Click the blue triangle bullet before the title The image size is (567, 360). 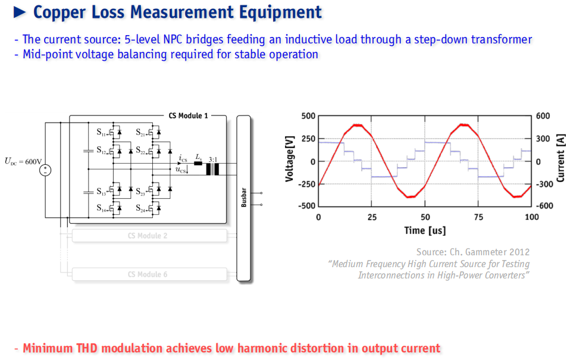20,12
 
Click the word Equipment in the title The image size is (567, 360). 280,12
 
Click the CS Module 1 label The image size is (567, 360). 189,116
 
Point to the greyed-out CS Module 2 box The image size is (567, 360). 149,236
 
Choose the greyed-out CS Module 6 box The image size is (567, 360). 149,274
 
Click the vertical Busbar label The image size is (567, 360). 244,197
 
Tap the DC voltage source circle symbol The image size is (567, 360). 45,170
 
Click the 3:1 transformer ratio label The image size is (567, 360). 213,159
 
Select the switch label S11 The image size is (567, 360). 101,132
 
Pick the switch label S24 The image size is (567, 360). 140,208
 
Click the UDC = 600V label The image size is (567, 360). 23,161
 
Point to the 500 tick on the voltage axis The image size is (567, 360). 308,116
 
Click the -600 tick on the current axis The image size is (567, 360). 544,205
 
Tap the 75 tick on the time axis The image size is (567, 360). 478,217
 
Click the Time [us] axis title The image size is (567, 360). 425,230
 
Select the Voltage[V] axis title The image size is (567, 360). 290,159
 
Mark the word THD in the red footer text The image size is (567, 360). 87,348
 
